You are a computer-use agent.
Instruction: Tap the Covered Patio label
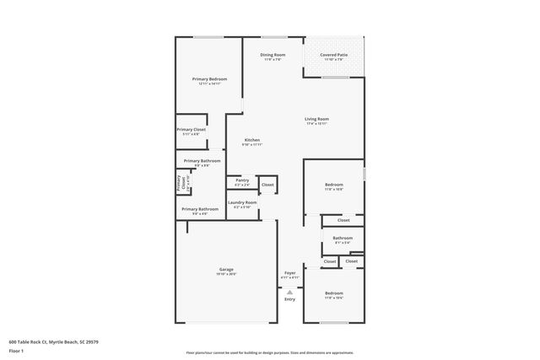[333, 55]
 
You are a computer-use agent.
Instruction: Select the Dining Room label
[273, 55]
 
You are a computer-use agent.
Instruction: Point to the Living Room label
[316, 119]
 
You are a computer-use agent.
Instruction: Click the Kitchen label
[252, 140]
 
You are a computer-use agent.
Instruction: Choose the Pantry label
[242, 180]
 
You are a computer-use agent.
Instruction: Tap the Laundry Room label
[242, 202]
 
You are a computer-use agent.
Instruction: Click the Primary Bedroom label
[209, 78]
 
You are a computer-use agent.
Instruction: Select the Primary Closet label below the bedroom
[191, 129]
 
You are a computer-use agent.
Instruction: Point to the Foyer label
[289, 271]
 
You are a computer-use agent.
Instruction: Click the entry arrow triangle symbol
[289, 291]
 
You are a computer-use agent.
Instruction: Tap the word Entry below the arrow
[289, 299]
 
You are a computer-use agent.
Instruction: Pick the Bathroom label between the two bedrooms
[343, 238]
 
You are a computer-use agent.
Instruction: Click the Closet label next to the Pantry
[267, 184]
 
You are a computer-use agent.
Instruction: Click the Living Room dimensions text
[316, 124]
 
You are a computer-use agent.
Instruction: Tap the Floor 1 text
[17, 349]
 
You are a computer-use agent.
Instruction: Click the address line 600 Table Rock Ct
[54, 341]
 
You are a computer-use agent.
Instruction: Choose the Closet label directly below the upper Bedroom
[343, 220]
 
